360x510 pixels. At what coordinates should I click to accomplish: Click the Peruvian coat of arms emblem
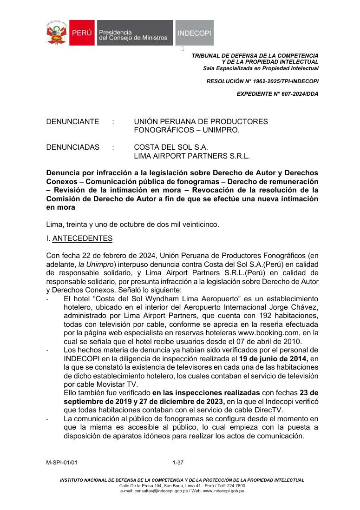(57, 33)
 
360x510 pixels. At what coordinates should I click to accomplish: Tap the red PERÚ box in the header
(82, 33)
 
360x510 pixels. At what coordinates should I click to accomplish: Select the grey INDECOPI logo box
(195, 33)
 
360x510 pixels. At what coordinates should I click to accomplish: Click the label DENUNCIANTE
(72, 122)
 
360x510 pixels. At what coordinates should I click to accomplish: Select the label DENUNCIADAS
(73, 147)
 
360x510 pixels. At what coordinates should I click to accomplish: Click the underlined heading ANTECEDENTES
(83, 238)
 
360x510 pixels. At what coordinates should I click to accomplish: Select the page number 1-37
(178, 463)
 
